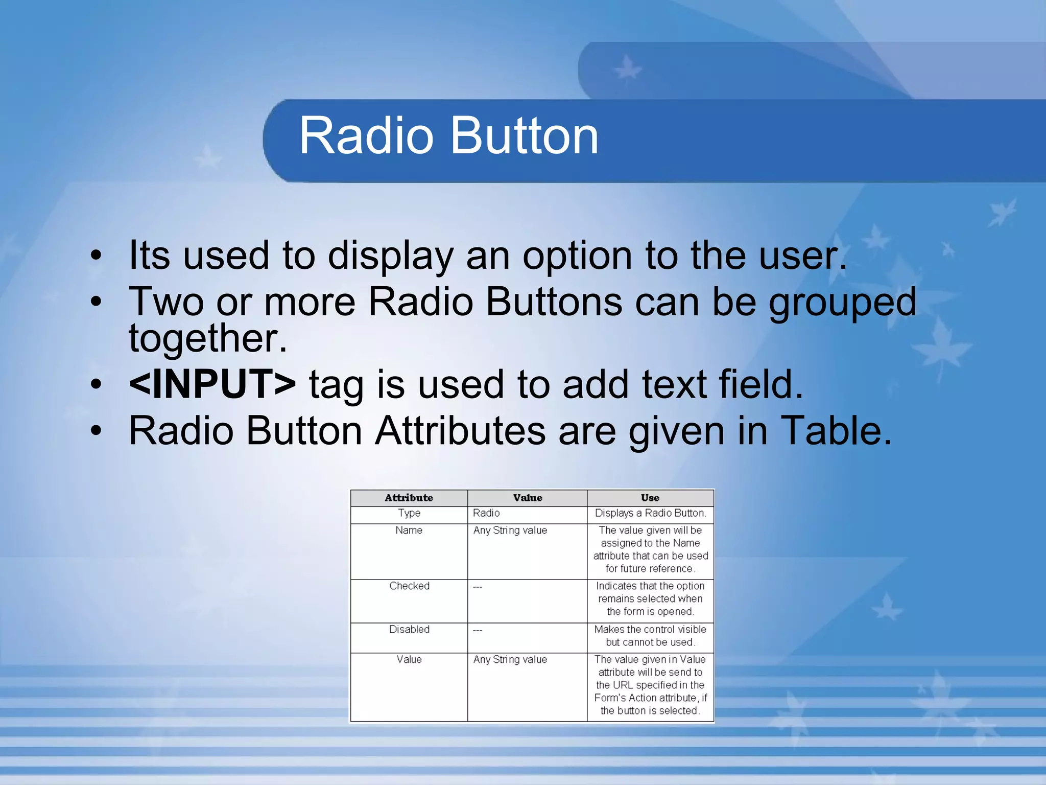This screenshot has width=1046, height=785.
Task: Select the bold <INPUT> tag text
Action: pyautogui.click(x=212, y=384)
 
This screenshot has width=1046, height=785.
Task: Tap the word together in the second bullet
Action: pyautogui.click(x=207, y=338)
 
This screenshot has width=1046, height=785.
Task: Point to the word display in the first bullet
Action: pyautogui.click(x=390, y=255)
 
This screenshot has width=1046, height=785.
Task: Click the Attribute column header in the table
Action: pyautogui.click(x=409, y=498)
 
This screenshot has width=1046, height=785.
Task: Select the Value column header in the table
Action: pyautogui.click(x=527, y=498)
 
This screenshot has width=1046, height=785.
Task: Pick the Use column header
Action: pyautogui.click(x=650, y=498)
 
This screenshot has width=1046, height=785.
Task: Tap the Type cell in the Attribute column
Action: pyautogui.click(x=409, y=513)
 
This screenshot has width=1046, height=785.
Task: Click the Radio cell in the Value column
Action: pyautogui.click(x=486, y=513)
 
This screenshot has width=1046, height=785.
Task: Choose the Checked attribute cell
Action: pyautogui.click(x=409, y=586)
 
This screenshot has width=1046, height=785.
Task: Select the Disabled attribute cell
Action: pyautogui.click(x=409, y=630)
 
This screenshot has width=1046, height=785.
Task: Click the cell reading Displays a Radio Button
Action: pyautogui.click(x=650, y=513)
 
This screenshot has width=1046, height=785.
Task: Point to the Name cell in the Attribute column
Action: pyautogui.click(x=409, y=530)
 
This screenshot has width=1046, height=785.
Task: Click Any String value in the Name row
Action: pyautogui.click(x=510, y=530)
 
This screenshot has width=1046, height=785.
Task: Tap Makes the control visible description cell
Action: pyautogui.click(x=650, y=636)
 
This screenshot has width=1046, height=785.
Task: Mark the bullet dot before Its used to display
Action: pyautogui.click(x=96, y=256)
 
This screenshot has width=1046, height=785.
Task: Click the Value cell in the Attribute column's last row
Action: pyautogui.click(x=409, y=660)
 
